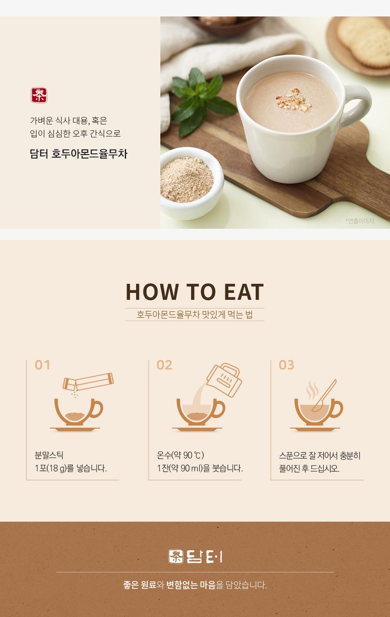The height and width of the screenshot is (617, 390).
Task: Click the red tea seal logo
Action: pos(39,95)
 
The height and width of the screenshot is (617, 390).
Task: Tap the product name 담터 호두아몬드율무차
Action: pos(78,154)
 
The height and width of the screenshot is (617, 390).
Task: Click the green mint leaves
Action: pos(202,101)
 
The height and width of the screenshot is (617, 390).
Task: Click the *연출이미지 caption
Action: pos(360,221)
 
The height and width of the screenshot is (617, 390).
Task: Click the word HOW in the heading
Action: pos(152,292)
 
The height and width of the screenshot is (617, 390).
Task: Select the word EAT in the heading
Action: pos(244,292)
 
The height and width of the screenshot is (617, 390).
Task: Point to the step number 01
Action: pos(42,365)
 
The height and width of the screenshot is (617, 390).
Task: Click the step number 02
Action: pos(164,365)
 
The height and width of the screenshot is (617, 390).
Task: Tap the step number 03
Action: pos(286,365)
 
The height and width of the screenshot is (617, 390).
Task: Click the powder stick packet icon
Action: pos(88,382)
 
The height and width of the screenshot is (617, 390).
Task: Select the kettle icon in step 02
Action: pos(224,380)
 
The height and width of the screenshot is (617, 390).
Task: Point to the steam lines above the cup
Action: pos(312,390)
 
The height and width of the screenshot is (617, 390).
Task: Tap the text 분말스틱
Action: pos(49,455)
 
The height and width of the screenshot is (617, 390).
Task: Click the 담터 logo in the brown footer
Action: pos(195,557)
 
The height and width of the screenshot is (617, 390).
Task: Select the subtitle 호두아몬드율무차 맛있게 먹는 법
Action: pos(195,315)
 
